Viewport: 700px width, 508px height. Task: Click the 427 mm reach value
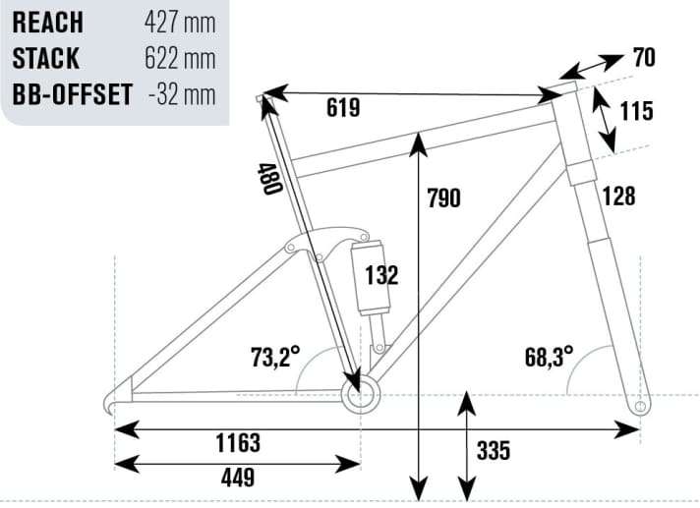(180, 23)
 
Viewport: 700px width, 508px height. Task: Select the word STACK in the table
(45, 58)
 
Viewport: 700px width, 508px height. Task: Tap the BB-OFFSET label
(73, 94)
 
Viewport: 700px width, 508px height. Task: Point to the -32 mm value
(182, 94)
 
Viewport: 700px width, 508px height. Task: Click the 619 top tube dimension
(343, 108)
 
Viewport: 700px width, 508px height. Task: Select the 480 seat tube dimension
(269, 179)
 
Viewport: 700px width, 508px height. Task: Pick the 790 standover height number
(443, 198)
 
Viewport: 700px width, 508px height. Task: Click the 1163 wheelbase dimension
(238, 443)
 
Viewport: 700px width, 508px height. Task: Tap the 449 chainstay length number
(238, 478)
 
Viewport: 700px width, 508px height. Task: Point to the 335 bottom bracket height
(494, 450)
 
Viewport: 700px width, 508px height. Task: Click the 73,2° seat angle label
(275, 357)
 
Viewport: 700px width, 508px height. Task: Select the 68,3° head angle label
(549, 357)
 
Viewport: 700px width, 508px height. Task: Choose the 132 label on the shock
(381, 275)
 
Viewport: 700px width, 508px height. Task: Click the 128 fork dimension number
(618, 196)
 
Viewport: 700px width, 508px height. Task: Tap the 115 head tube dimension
(637, 111)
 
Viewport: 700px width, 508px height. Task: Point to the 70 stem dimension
(644, 58)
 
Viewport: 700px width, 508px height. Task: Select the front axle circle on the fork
(640, 407)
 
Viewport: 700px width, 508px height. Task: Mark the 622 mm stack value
(180, 58)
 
